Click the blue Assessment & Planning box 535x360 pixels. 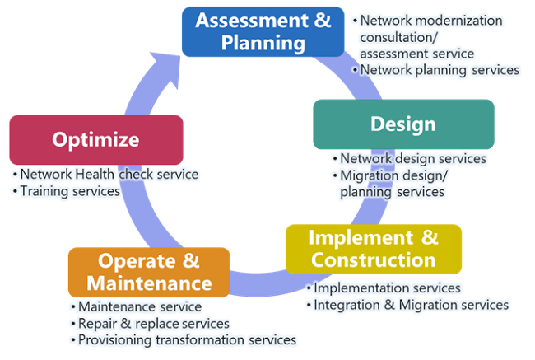[263, 32]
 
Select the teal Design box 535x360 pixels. [403, 124]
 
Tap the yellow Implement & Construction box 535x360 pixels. [374, 250]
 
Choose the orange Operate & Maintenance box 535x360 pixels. [149, 272]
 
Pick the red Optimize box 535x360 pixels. [96, 140]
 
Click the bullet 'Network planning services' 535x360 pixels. [436, 70]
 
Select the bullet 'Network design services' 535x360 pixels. [409, 158]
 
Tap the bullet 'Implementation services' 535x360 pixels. [384, 288]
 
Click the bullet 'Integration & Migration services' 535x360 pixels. [407, 305]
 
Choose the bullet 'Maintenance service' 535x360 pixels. [136, 306]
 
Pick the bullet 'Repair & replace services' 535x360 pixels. [150, 324]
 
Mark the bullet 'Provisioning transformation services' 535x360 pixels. [184, 340]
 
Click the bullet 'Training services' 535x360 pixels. [67, 191]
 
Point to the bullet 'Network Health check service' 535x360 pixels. [105, 174]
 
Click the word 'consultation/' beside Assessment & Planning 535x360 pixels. [399, 37]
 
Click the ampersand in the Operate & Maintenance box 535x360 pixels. [191, 260]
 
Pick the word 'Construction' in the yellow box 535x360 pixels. [374, 260]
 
